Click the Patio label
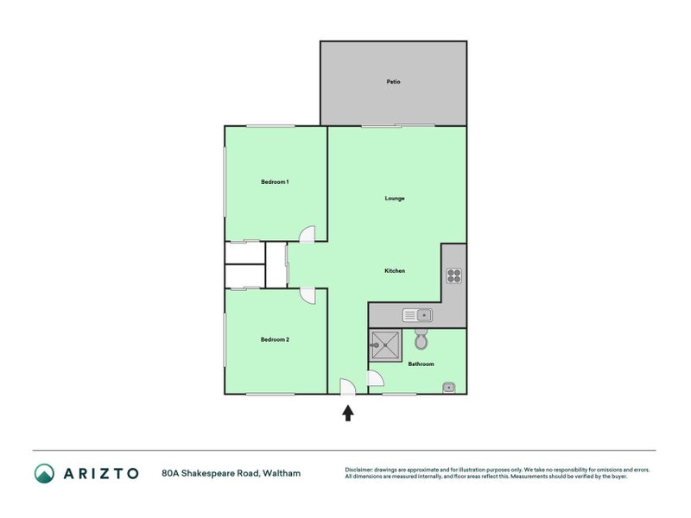tap(393, 82)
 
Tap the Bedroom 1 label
tap(275, 181)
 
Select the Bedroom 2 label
tap(275, 339)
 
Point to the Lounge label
tap(395, 199)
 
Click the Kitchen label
tap(395, 271)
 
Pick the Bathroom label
tap(421, 364)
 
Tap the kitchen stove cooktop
tap(454, 276)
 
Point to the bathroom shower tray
tap(384, 346)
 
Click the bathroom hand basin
tap(449, 387)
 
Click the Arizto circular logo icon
tap(44, 473)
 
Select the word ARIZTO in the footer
tap(100, 473)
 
